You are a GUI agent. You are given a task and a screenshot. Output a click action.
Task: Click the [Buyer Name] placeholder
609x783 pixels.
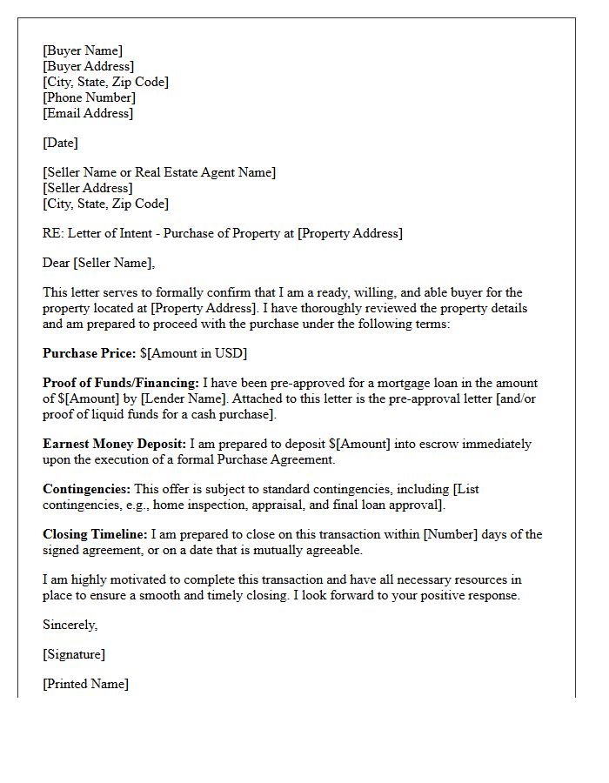[83, 50]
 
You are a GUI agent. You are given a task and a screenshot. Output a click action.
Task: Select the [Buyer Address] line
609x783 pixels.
[88, 66]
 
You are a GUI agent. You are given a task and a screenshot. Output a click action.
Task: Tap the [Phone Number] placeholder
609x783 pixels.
[89, 97]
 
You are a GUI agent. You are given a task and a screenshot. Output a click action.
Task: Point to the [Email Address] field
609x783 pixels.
[88, 113]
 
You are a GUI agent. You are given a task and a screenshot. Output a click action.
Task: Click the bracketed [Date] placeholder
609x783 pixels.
[60, 143]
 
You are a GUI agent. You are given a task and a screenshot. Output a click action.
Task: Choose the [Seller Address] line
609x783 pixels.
[88, 188]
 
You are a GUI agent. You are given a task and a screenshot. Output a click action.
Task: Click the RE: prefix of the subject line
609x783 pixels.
[53, 233]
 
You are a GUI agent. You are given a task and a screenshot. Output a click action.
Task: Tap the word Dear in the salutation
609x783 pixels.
[57, 263]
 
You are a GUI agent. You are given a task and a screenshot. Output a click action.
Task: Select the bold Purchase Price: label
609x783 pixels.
[89, 353]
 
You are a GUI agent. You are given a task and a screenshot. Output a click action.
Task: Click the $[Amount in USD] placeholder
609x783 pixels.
[193, 353]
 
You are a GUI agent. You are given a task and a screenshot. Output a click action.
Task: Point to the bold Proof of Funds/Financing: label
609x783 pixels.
[121, 383]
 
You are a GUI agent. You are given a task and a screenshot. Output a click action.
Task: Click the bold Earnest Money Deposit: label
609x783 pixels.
[114, 444]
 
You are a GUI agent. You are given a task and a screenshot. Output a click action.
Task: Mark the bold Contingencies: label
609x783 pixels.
[87, 489]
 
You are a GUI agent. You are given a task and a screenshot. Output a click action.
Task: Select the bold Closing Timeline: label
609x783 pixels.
[96, 534]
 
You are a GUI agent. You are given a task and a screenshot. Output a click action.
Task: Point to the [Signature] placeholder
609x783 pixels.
[74, 654]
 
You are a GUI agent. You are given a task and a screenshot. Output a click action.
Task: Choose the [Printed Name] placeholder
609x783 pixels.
[85, 684]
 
